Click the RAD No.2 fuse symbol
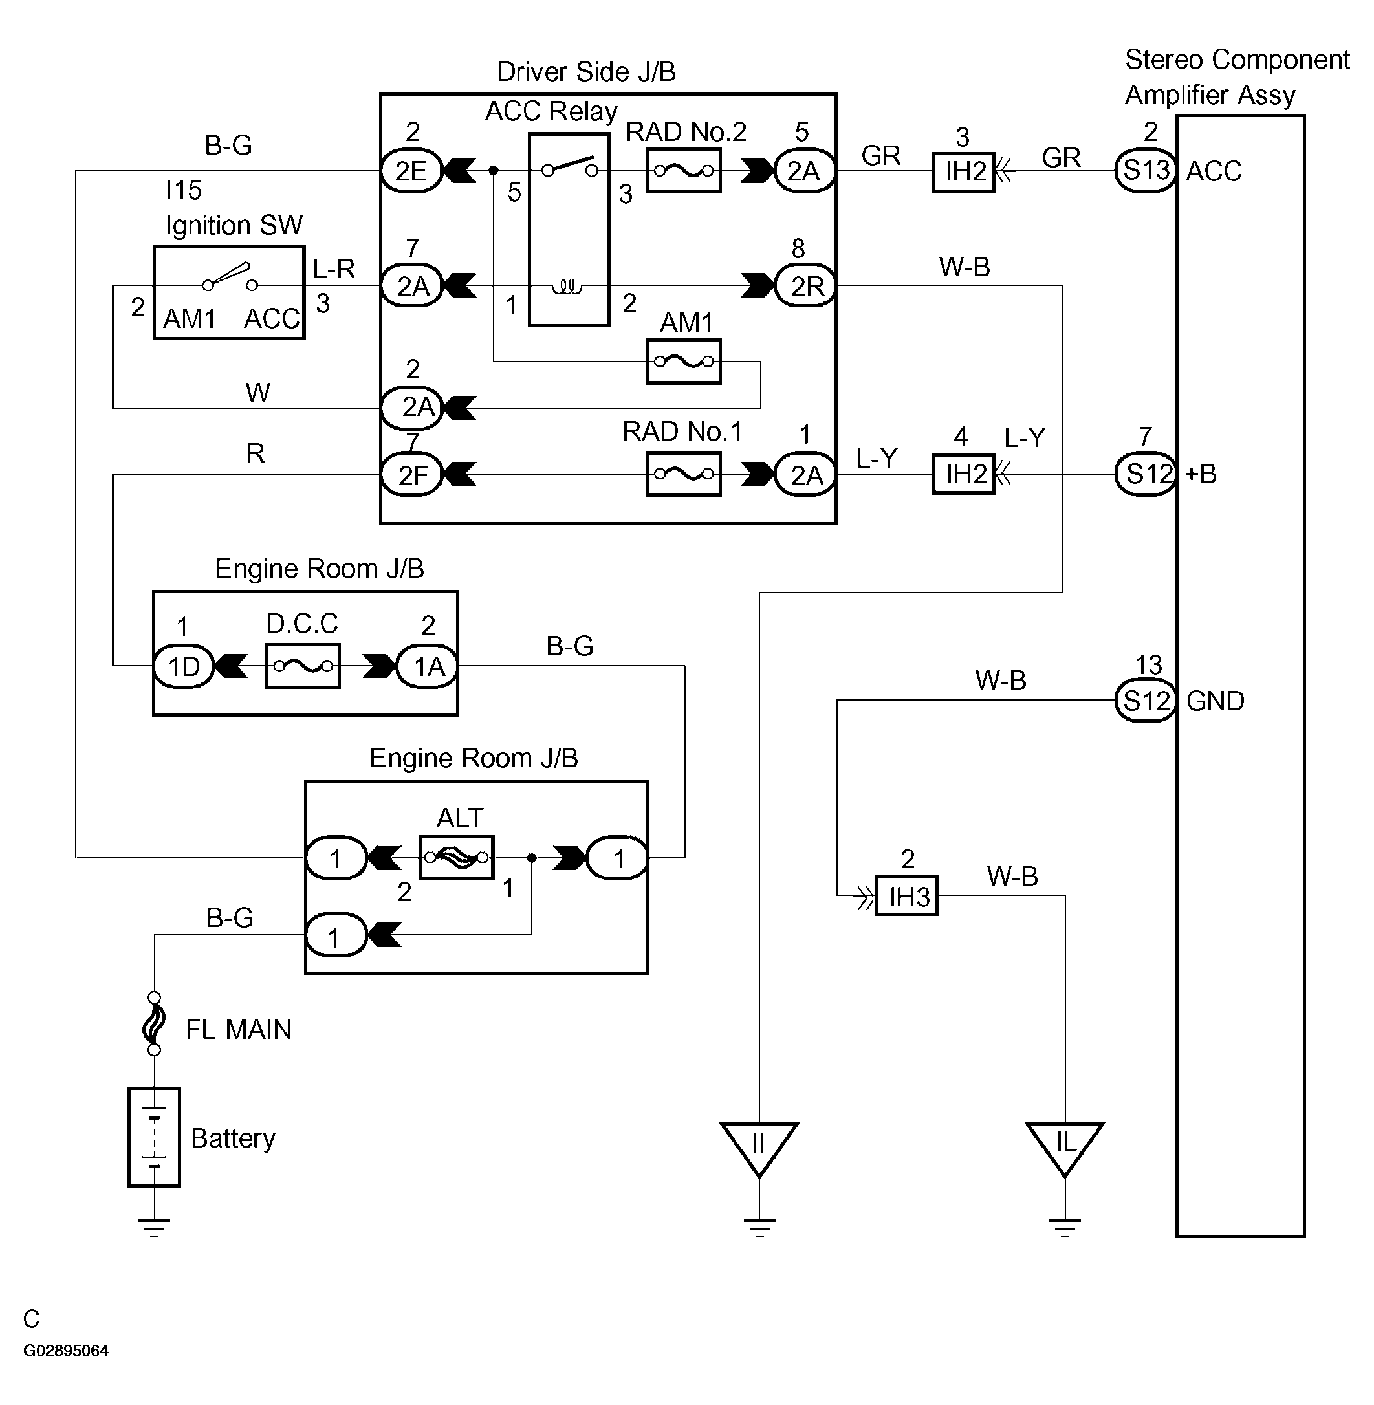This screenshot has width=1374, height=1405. [x=682, y=171]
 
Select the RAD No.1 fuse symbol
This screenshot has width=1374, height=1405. [x=682, y=474]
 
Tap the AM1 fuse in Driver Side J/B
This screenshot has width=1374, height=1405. [x=682, y=362]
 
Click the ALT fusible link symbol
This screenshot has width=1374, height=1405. [x=456, y=857]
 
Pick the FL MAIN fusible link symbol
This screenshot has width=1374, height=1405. [x=154, y=1025]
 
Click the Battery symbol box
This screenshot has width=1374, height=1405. [x=154, y=1137]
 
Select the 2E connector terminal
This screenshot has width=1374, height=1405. [x=411, y=171]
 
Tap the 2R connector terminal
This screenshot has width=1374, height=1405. [x=805, y=286]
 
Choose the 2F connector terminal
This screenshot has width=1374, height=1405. [x=411, y=475]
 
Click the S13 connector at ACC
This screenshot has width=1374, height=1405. [x=1145, y=171]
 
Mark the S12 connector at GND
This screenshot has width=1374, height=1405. [x=1145, y=701]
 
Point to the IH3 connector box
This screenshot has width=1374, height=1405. [x=906, y=897]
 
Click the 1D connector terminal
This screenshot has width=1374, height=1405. [x=183, y=666]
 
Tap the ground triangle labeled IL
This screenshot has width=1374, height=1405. [x=1064, y=1147]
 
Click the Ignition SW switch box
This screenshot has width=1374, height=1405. [x=229, y=293]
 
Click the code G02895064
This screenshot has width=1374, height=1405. [x=66, y=1351]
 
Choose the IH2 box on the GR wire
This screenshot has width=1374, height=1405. [x=963, y=173]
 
